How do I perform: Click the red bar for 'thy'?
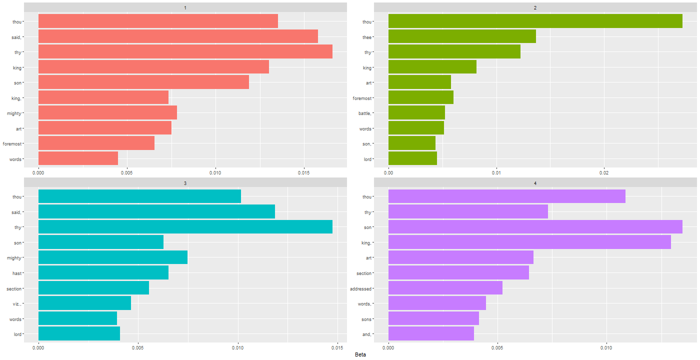point(185,52)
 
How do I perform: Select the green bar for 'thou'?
point(535,21)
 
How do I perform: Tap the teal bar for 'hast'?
point(103,273)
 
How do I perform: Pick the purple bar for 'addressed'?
point(445,288)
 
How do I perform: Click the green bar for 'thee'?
point(462,37)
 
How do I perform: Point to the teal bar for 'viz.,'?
point(84,303)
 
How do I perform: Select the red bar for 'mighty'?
point(107,113)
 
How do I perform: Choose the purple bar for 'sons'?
point(433,319)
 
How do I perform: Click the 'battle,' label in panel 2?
point(364,113)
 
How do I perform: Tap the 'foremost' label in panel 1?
point(12,144)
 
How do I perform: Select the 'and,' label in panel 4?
point(366,334)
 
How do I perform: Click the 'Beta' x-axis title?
point(360,354)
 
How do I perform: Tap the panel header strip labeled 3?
point(185,183)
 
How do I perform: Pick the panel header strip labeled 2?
point(535,7)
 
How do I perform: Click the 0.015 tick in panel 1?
point(304,173)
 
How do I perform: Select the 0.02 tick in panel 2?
point(604,173)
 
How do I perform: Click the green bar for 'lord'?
point(412,159)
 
